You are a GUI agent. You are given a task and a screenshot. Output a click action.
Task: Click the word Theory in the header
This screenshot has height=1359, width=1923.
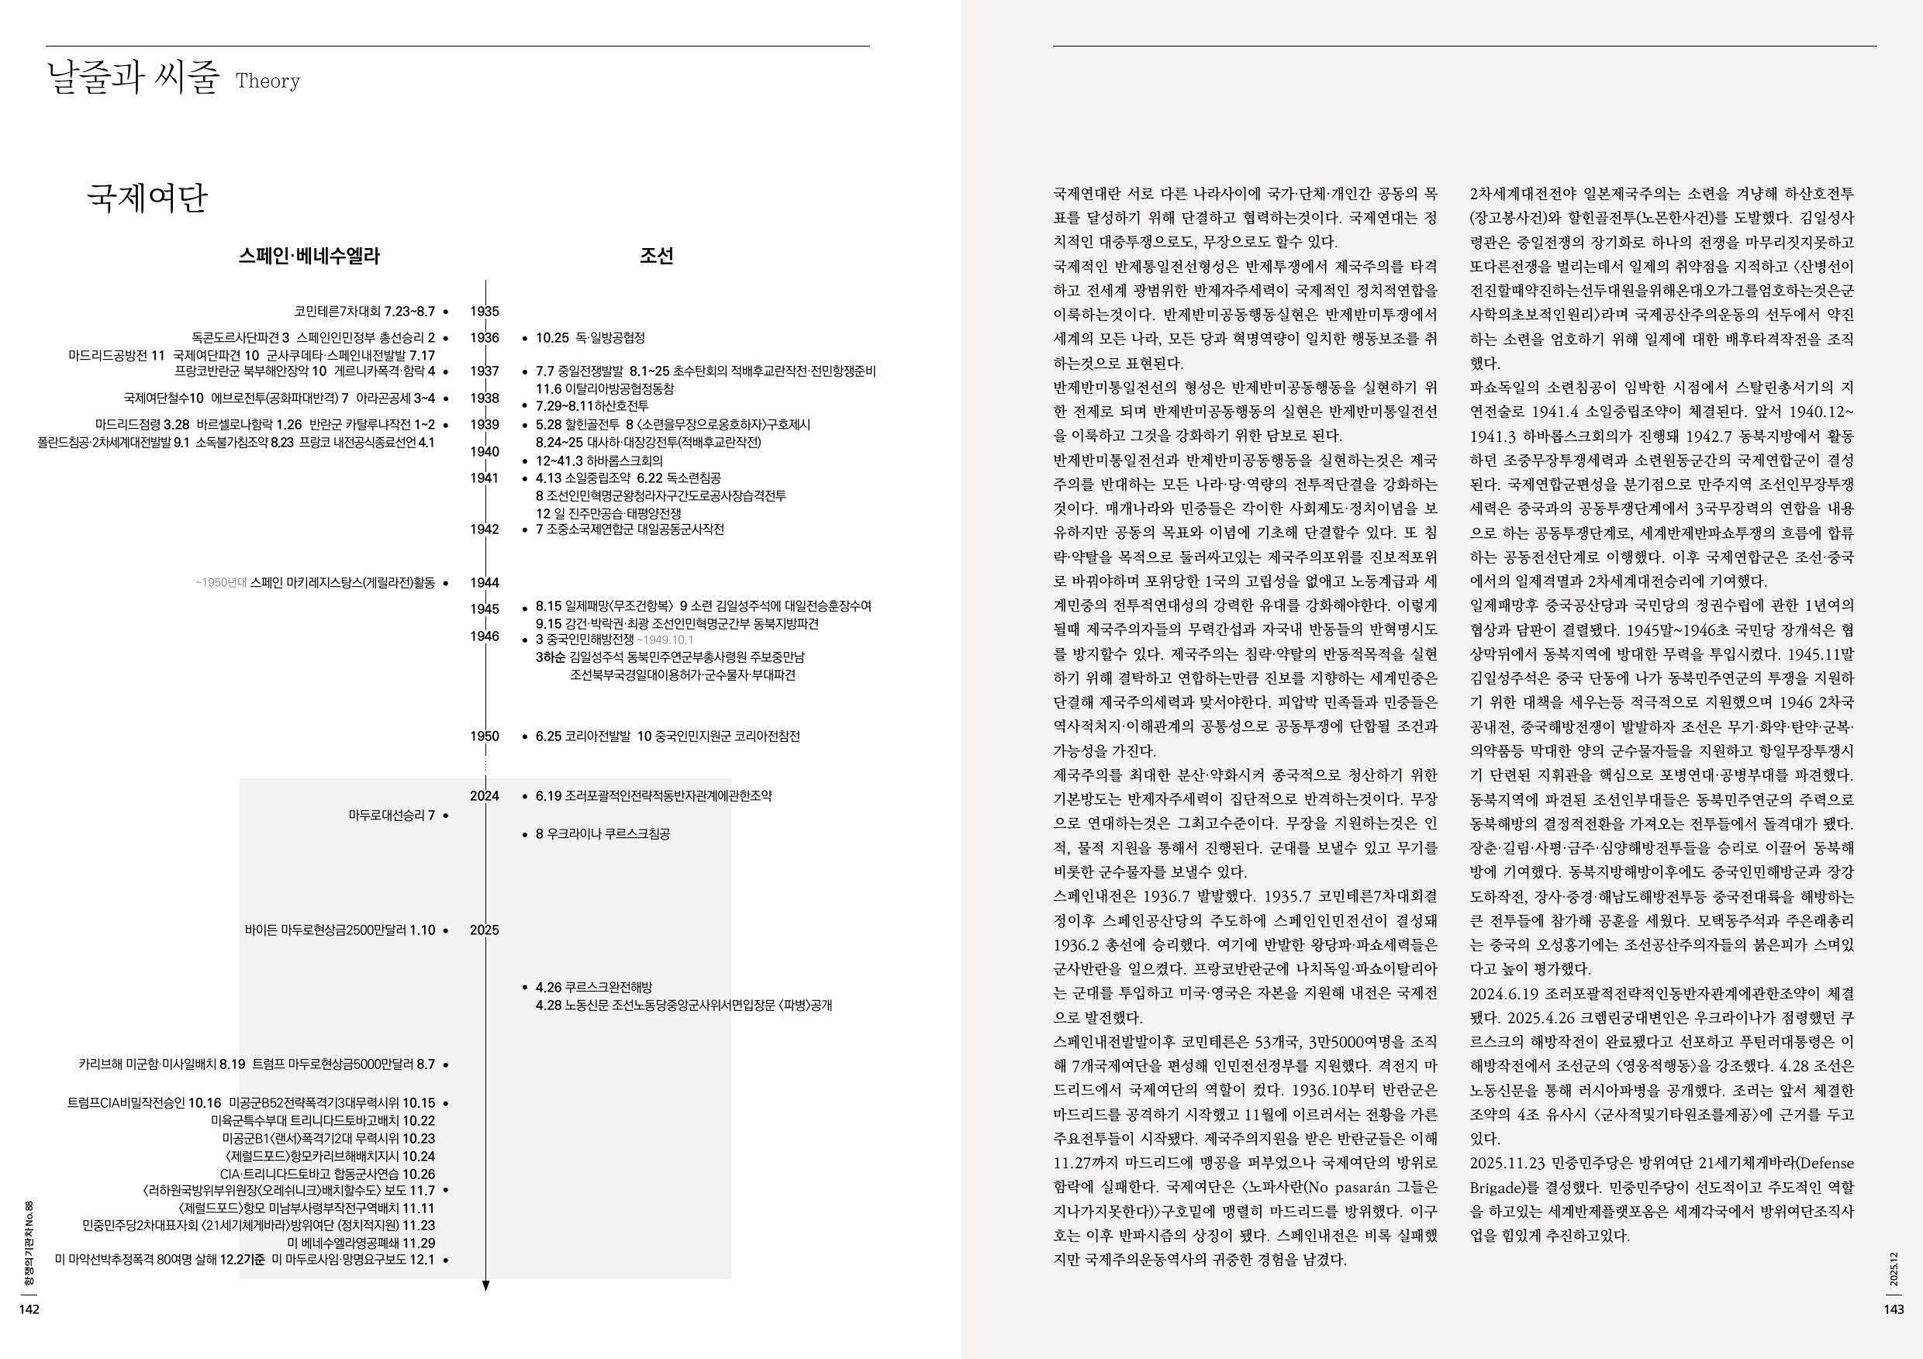268,81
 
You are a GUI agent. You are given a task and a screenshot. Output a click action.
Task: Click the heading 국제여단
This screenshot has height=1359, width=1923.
147,198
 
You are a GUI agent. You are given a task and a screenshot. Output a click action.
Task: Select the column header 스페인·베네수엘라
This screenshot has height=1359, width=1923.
309,257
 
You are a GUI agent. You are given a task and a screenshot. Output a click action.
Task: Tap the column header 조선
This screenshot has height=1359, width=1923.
656,257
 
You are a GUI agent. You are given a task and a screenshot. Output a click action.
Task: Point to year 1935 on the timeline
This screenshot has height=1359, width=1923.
484,312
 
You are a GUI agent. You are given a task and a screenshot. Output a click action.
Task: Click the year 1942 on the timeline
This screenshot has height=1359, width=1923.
484,529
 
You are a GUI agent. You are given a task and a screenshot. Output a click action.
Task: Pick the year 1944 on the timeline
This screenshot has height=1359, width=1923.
484,582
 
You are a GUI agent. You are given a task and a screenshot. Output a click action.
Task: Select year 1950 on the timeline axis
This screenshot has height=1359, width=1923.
484,736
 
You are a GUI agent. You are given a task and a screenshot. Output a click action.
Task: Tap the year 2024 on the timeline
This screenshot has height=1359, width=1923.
484,795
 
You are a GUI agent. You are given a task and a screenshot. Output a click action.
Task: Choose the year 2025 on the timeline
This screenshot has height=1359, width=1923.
484,930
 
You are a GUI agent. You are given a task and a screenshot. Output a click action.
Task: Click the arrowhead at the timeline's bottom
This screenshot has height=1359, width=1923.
485,1285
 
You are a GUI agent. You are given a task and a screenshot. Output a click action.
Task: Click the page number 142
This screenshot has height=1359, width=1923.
29,1309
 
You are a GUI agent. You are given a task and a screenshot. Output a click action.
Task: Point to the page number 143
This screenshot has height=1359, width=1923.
1894,1309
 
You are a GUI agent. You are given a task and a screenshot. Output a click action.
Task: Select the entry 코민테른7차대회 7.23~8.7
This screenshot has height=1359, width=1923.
364,312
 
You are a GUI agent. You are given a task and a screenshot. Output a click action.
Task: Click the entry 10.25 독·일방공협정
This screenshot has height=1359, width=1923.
590,338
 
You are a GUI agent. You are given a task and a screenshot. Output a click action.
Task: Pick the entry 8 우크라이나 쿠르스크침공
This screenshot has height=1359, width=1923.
603,834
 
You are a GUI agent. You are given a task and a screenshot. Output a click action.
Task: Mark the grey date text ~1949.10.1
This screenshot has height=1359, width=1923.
665,640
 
